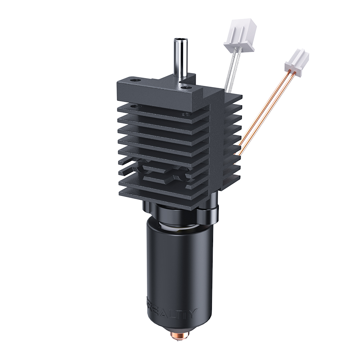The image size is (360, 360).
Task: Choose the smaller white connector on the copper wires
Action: pyautogui.click(x=297, y=60)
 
